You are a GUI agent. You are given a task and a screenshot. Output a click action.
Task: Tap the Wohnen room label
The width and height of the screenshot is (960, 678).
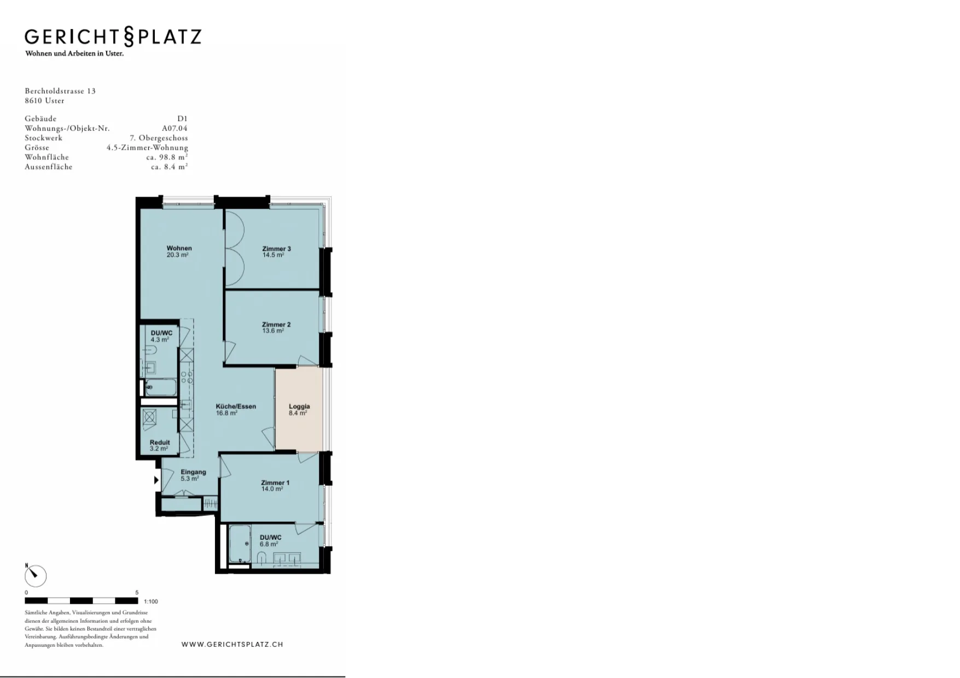[179, 248]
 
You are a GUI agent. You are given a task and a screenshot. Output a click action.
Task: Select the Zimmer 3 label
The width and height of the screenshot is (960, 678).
[276, 249]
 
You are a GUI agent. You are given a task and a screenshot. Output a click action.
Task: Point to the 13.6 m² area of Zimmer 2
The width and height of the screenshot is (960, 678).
[273, 331]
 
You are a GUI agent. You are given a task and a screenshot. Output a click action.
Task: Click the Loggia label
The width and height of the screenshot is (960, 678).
[299, 406]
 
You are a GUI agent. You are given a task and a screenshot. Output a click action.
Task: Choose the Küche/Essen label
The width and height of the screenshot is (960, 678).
[236, 406]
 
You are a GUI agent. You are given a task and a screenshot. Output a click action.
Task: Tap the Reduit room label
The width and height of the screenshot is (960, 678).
[160, 443]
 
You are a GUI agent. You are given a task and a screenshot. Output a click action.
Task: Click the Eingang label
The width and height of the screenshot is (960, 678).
[194, 472]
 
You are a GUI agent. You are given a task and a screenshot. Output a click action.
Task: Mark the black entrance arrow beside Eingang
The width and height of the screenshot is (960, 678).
[156, 480]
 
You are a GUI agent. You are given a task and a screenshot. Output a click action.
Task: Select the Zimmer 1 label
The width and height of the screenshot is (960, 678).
[275, 483]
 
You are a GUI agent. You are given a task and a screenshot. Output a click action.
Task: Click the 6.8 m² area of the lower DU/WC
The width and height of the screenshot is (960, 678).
[269, 544]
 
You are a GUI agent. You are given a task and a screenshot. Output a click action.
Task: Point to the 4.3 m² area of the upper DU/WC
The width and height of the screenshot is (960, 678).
[160, 340]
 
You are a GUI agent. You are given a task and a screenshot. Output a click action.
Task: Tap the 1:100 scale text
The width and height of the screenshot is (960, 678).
[151, 602]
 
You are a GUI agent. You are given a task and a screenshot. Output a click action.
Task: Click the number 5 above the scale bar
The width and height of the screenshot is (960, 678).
[137, 592]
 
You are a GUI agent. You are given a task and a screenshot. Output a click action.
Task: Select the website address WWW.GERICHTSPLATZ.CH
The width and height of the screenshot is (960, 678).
[232, 645]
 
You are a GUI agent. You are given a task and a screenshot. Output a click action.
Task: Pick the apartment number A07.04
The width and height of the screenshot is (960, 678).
[174, 128]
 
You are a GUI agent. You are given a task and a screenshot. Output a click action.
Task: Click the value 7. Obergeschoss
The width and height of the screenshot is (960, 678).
[159, 138]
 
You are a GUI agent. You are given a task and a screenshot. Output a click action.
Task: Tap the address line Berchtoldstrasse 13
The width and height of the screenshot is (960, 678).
[60, 91]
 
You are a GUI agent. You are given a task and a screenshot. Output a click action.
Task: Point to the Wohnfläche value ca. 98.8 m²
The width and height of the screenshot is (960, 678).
[167, 157]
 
